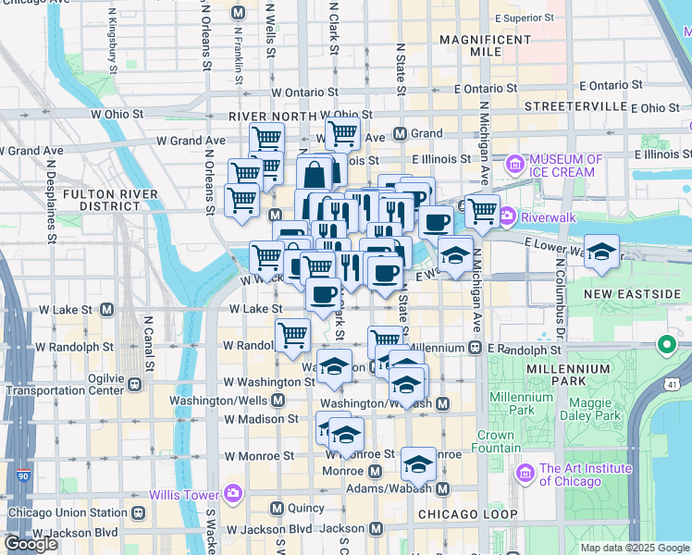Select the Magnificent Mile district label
click(485, 46)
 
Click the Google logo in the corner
click(31, 543)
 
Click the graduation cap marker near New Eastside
click(601, 253)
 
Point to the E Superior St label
click(524, 18)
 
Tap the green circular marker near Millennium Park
click(665, 348)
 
